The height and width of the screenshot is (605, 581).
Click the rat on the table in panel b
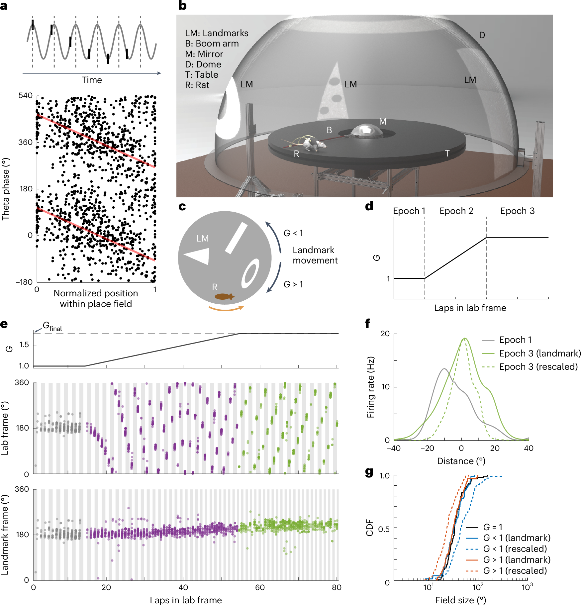coord(314,144)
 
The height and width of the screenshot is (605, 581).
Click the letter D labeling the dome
coord(482,35)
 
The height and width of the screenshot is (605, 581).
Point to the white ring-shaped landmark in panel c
coord(250,273)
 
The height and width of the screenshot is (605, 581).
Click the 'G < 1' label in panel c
coord(293,233)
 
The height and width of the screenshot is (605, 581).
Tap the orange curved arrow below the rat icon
coord(226,309)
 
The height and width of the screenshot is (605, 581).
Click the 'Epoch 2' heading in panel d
coord(456,211)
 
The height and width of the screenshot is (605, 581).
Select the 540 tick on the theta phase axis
coord(26,96)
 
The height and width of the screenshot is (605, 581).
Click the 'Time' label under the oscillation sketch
coord(92,80)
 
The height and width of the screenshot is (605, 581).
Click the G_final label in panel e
coord(52,327)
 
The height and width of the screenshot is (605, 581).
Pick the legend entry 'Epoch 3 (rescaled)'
coord(538,367)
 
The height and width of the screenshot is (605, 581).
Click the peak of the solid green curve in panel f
coord(465,339)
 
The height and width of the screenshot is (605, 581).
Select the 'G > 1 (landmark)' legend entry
coord(517,560)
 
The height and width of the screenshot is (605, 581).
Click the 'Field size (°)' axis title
coord(460,600)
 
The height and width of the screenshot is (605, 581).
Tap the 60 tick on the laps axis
coord(260,587)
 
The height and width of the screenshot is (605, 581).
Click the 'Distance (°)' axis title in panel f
coord(461,461)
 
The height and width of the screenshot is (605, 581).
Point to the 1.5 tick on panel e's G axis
coord(24,345)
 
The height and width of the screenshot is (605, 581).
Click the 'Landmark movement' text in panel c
coord(315,255)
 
